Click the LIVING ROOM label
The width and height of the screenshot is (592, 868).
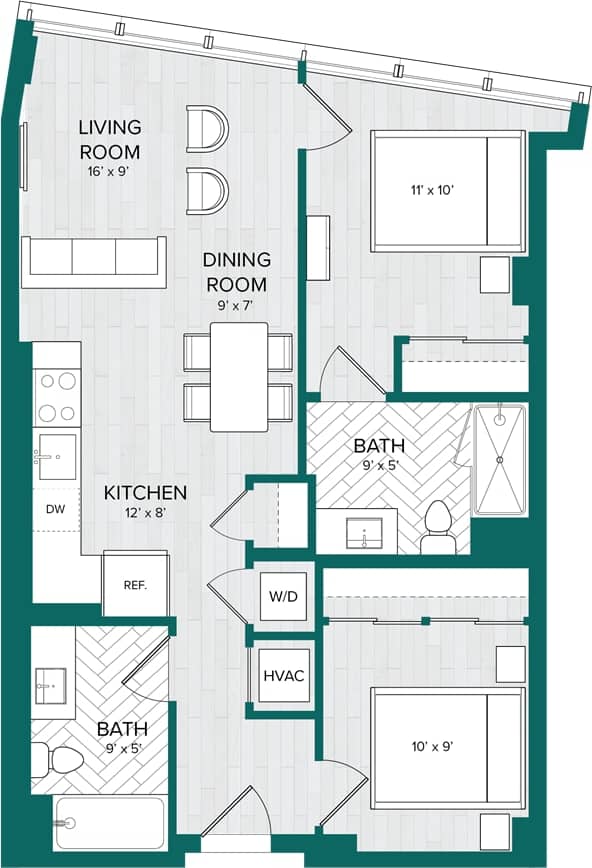point(110,140)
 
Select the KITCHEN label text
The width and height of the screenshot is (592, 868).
point(146,493)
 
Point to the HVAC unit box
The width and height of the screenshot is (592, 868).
point(283,676)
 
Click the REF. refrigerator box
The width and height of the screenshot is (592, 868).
point(135,585)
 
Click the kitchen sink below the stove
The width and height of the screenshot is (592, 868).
point(55,456)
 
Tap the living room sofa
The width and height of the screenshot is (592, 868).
point(92,259)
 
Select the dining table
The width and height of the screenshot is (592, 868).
point(238,376)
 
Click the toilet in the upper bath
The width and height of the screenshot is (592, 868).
point(438,528)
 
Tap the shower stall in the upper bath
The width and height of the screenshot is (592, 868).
point(499,459)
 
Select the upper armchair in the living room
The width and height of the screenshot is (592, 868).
point(208,129)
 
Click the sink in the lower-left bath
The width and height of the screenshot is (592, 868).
point(51,684)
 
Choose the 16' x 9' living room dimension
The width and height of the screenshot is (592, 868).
point(110,171)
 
